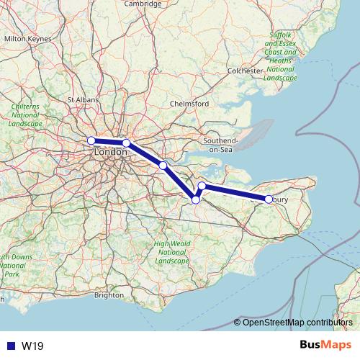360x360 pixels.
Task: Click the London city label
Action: point(110,153)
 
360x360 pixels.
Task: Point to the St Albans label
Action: point(82,100)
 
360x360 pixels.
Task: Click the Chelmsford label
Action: point(189,104)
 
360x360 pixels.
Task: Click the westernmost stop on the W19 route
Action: point(91,140)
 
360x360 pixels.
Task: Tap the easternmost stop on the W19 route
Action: point(269,199)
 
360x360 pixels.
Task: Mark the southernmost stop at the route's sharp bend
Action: point(195,199)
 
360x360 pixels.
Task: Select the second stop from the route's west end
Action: point(127,143)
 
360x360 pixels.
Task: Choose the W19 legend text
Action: point(31,345)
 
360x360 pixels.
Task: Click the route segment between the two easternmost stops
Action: point(235,192)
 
